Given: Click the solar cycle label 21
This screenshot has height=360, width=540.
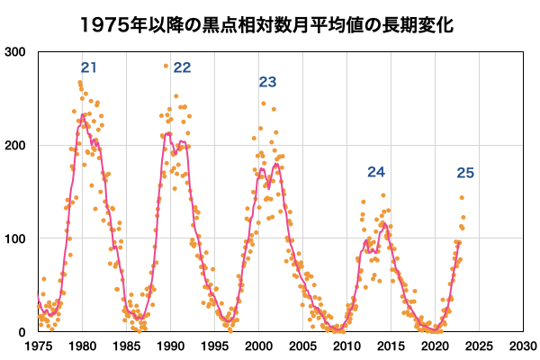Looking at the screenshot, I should pos(88,67).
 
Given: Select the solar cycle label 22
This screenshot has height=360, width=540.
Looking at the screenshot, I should pos(182,67).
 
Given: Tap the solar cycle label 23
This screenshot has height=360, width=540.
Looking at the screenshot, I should pos(267,82).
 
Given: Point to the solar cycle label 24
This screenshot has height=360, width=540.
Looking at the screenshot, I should pos(376,172).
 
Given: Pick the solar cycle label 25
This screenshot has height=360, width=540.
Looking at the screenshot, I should pos(465,174).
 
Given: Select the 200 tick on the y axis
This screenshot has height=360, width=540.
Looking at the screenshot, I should pos(15,145).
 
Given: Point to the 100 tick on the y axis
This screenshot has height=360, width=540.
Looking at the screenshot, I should pos(15,238).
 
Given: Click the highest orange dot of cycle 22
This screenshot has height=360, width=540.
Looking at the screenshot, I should pos(166,66).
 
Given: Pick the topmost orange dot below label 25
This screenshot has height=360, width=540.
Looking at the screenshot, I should pos(462,197).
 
